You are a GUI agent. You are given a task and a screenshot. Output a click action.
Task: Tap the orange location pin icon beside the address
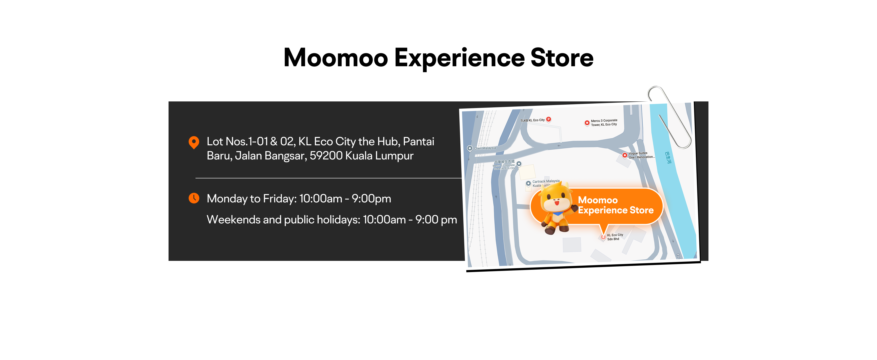coord(194,142)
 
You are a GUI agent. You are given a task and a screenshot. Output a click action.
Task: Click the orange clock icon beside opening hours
coord(194,198)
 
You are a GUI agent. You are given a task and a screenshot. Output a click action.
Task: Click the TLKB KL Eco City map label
coord(532,120)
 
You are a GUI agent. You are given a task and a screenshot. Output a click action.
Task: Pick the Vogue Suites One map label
coord(640,155)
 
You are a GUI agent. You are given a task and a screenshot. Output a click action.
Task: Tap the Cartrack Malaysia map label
coord(546,182)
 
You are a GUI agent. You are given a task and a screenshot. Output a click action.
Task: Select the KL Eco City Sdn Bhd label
coord(615,237)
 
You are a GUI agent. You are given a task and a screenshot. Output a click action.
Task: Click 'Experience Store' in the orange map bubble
coord(615,210)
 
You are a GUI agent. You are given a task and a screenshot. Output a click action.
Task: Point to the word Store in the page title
coord(562,58)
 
